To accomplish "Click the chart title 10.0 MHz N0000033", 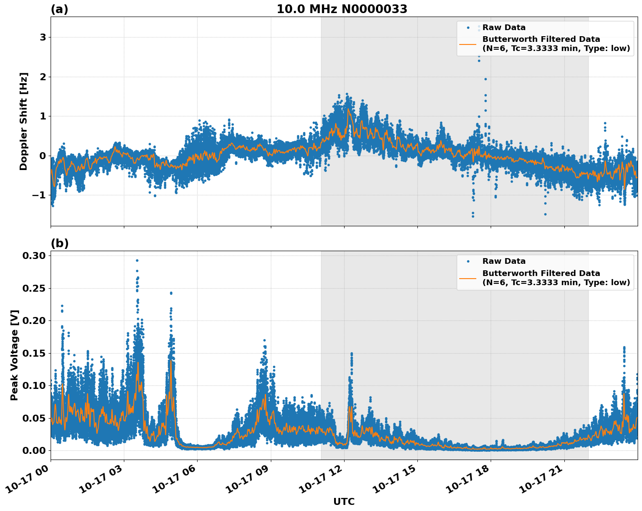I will pyautogui.click(x=342, y=9).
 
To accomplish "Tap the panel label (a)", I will pyautogui.click(x=59, y=9).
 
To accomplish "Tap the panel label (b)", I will pyautogui.click(x=59, y=243).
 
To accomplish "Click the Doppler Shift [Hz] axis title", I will pyautogui.click(x=24, y=121).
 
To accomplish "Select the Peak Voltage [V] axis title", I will pyautogui.click(x=14, y=355).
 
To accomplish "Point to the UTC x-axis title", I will pyautogui.click(x=344, y=501).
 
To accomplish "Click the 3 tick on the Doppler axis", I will pyautogui.click(x=43, y=37).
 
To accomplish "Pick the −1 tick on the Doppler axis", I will pyautogui.click(x=39, y=195).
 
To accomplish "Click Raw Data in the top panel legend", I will pyautogui.click(x=504, y=27).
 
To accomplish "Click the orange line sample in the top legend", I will pyautogui.click(x=468, y=44).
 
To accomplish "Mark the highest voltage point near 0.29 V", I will pyautogui.click(x=137, y=260).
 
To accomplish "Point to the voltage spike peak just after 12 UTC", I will pyautogui.click(x=352, y=354).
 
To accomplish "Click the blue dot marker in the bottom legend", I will pyautogui.click(x=468, y=262).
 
